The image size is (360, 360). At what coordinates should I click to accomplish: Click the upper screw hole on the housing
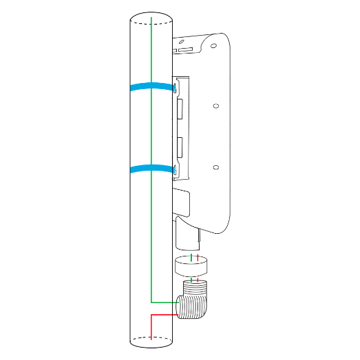(x=215, y=106)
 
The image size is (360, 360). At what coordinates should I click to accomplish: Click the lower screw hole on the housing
(x=215, y=167)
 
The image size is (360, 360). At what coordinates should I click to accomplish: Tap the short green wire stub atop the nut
(x=191, y=257)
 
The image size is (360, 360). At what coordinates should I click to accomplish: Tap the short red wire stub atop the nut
(x=198, y=257)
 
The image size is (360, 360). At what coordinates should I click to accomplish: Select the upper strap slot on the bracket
(x=175, y=88)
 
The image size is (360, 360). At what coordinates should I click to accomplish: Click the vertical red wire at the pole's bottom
(x=151, y=326)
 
